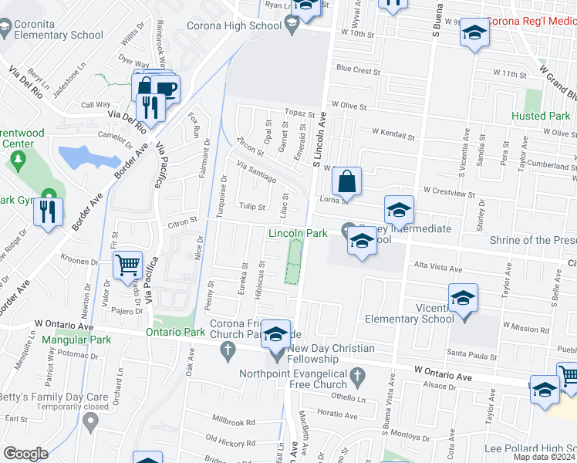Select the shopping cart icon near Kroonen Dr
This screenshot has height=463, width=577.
click(127, 265)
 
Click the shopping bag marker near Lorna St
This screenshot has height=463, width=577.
click(348, 183)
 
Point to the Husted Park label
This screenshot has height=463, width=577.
click(541, 117)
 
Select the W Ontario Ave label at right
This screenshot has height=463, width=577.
click(442, 373)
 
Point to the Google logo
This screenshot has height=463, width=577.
click(25, 454)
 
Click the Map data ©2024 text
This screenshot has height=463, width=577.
click(545, 458)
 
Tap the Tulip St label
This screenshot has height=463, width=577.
click(251, 207)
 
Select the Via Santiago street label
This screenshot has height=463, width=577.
click(257, 173)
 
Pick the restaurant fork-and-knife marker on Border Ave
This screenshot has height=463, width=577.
click(49, 210)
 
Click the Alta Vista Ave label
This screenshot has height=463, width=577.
click(437, 267)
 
